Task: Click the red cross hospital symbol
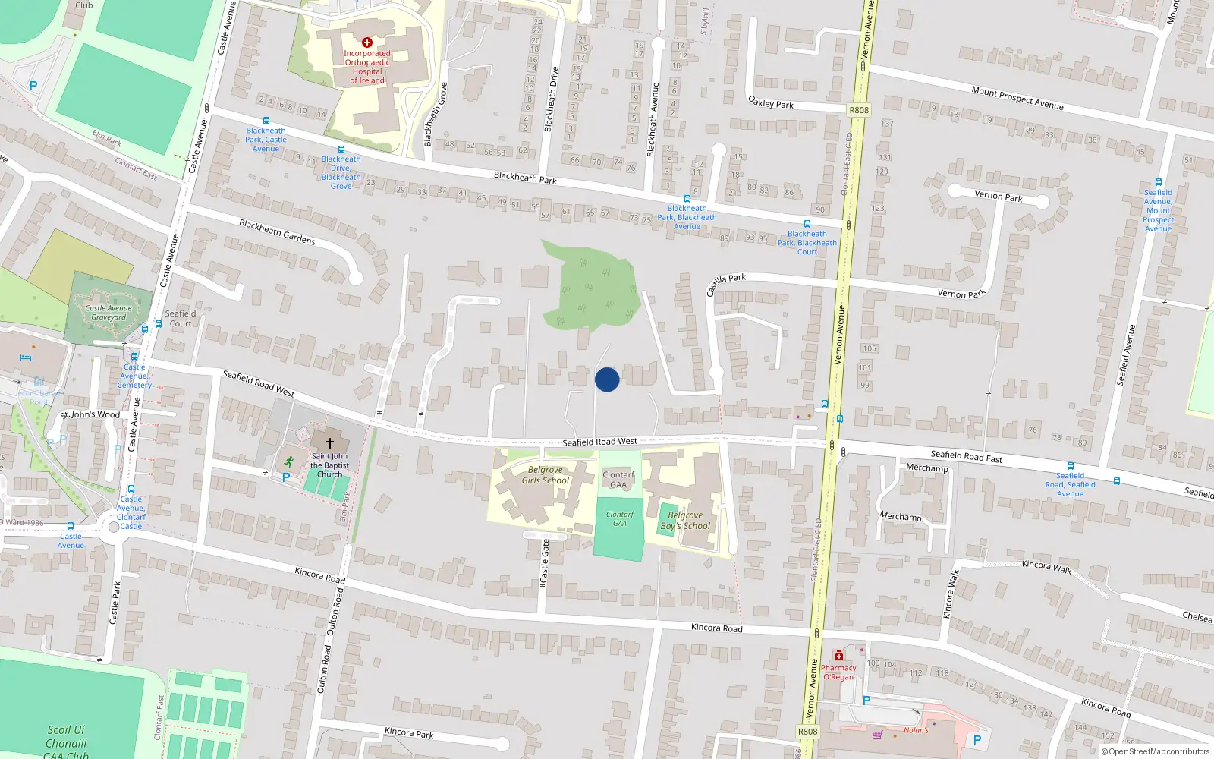click(x=367, y=43)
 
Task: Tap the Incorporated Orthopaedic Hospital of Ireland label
click(x=367, y=67)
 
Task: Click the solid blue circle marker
click(x=607, y=379)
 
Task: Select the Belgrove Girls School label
click(x=545, y=475)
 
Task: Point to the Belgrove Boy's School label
click(x=685, y=521)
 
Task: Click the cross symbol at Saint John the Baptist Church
click(x=330, y=442)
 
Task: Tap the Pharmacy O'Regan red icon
click(x=838, y=655)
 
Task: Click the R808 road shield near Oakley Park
click(x=859, y=110)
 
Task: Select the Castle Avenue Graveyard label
click(x=109, y=313)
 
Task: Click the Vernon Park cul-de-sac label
click(x=998, y=196)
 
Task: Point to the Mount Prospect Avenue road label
click(x=1017, y=98)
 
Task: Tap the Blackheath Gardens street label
click(x=277, y=232)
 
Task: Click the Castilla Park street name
click(x=726, y=284)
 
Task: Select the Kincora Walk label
click(x=1046, y=567)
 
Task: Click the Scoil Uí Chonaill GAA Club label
click(x=66, y=743)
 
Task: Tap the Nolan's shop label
click(x=916, y=730)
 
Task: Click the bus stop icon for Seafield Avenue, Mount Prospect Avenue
click(x=1158, y=182)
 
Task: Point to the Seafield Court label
click(x=181, y=319)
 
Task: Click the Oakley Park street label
click(x=770, y=102)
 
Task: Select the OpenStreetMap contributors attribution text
click(x=1155, y=752)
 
